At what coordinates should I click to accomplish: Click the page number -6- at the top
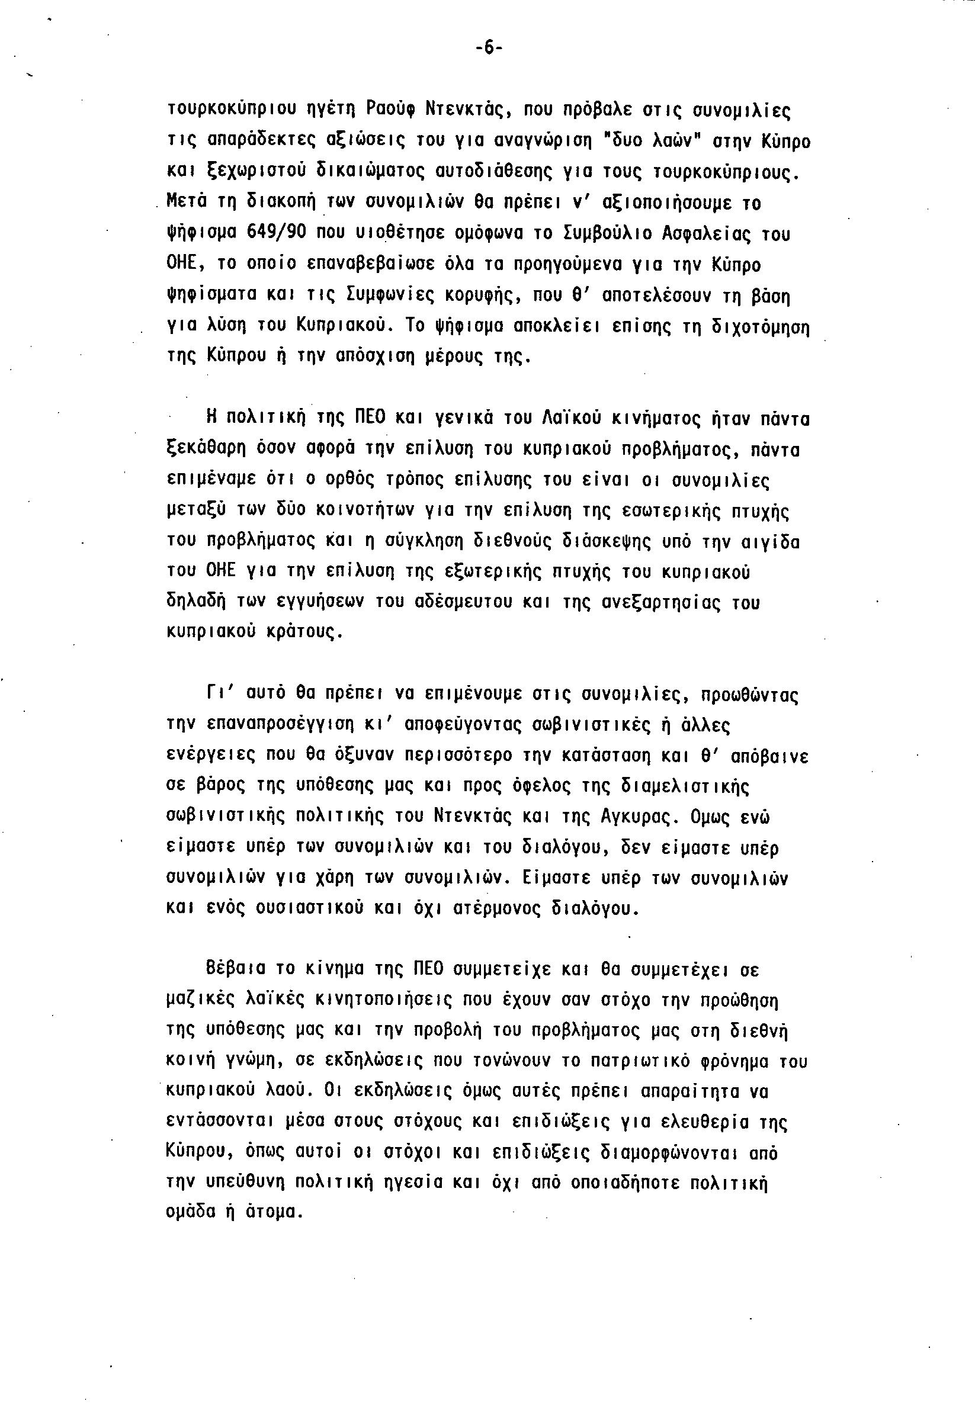[x=489, y=49]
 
